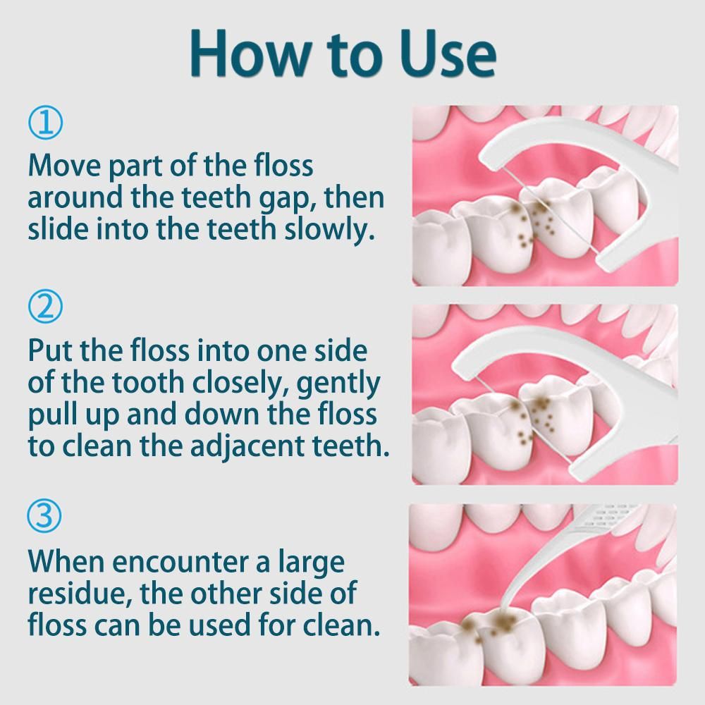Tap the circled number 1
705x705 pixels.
[x=45, y=122]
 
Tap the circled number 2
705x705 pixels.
[x=45, y=306]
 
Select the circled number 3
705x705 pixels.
[x=44, y=515]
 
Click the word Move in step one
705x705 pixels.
[x=65, y=166]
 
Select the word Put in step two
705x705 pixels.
[x=51, y=350]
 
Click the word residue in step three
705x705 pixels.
[x=80, y=594]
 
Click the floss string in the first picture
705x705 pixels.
[x=549, y=209]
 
